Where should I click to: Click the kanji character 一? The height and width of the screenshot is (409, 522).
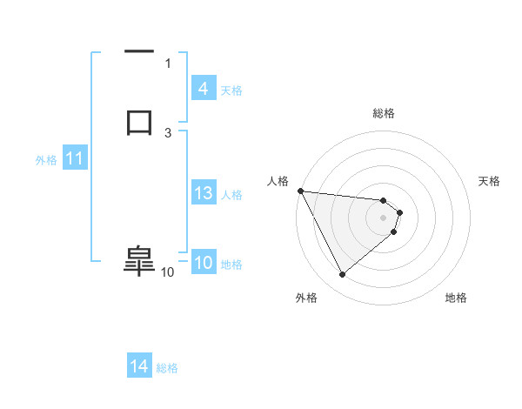click(139, 53)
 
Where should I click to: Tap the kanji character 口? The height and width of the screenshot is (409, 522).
click(139, 120)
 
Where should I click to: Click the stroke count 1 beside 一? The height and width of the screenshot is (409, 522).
click(168, 63)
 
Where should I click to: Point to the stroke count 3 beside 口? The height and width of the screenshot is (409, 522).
click(168, 132)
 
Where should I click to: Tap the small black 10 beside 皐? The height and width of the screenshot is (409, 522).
click(168, 272)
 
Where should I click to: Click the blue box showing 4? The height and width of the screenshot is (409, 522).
click(203, 89)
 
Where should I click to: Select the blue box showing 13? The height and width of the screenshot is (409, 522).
click(203, 194)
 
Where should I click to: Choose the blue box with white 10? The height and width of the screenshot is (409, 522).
click(203, 264)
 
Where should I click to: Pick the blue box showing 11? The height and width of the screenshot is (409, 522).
click(75, 159)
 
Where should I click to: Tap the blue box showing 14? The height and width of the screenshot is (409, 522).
click(138, 367)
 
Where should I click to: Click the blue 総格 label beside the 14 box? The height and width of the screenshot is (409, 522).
click(167, 368)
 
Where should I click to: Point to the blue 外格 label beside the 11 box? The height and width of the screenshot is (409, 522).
click(46, 160)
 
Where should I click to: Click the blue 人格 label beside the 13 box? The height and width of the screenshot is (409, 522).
click(232, 195)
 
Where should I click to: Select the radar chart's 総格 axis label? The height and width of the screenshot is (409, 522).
click(384, 113)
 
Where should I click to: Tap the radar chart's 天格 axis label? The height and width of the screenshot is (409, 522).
click(490, 181)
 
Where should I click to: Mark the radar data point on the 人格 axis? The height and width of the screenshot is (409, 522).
click(300, 191)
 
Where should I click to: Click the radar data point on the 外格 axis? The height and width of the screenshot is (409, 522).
click(342, 275)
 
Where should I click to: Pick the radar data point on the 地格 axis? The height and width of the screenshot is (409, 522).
click(394, 231)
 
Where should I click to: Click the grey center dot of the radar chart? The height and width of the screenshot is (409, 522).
click(384, 217)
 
